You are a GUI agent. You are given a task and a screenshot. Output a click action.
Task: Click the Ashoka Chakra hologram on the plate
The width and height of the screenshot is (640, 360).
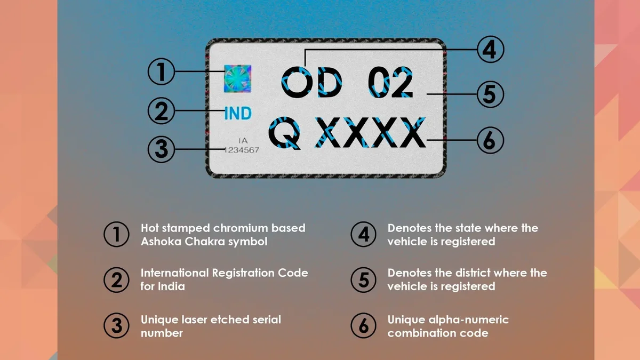(237, 78)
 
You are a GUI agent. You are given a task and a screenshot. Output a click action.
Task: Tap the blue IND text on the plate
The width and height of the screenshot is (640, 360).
(238, 113)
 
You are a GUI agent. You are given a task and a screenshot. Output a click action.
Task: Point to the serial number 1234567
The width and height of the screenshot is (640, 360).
(242, 150)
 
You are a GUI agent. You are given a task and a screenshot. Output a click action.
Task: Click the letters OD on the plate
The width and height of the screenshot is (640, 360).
(311, 82)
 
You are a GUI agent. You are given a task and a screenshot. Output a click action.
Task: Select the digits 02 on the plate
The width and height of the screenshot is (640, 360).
(390, 82)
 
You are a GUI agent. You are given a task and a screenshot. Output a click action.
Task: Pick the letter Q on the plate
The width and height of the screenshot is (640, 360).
(285, 133)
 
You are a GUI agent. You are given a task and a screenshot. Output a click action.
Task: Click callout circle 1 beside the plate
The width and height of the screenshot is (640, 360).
(161, 71)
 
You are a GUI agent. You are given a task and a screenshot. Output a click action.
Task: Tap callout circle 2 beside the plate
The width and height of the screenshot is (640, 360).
(161, 110)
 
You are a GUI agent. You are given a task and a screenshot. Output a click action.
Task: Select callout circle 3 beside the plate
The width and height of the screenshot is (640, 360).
(161, 149)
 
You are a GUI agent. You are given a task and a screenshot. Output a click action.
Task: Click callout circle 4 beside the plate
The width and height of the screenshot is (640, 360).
(491, 50)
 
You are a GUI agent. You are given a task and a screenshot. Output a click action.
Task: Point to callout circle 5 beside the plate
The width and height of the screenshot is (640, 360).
(490, 94)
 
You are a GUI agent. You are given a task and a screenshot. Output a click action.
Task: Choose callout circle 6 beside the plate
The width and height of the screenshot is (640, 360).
(490, 140)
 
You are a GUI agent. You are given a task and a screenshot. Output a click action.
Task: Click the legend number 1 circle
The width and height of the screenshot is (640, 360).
(116, 234)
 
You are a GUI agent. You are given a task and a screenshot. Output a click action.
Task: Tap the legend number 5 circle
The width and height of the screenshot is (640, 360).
(363, 279)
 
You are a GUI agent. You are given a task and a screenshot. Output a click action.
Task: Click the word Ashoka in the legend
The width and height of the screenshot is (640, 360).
(161, 242)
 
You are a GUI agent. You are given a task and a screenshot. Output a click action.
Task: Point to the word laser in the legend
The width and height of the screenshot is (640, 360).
(195, 319)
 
